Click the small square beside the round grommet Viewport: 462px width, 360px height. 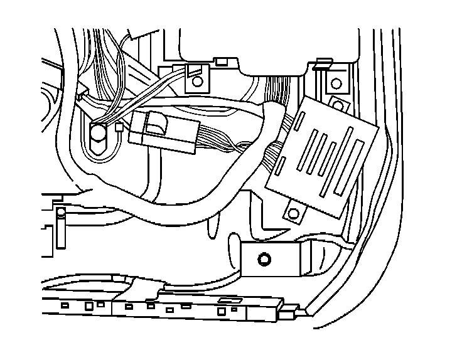(119, 129)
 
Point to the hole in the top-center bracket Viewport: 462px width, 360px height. (197, 81)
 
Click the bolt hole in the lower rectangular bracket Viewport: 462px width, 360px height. (264, 258)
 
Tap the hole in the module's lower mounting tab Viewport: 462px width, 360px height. (293, 213)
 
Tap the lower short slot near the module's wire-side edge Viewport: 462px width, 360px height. (282, 165)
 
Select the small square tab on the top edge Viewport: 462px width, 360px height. (221, 61)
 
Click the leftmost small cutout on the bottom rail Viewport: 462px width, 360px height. (65, 305)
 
